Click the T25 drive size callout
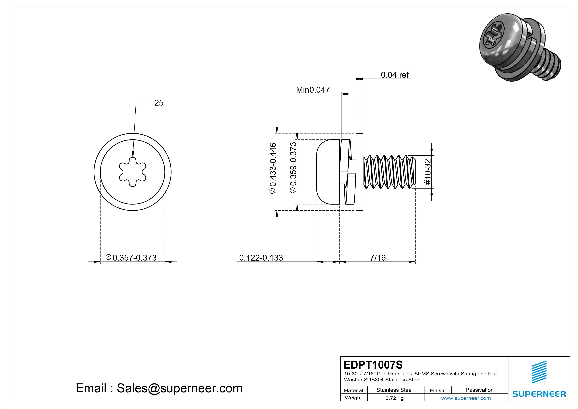click(x=156, y=103)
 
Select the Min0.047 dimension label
click(x=313, y=90)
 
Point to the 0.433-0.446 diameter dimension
click(x=273, y=168)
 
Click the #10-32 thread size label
click(x=428, y=172)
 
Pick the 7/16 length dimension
click(x=378, y=258)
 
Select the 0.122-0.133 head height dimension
click(x=261, y=258)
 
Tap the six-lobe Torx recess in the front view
click(x=133, y=172)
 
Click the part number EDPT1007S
click(x=373, y=365)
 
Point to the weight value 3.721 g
click(x=394, y=398)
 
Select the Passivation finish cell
click(x=479, y=390)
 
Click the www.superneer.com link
click(x=466, y=398)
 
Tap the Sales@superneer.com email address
click(x=179, y=388)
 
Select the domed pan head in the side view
click(x=327, y=172)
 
